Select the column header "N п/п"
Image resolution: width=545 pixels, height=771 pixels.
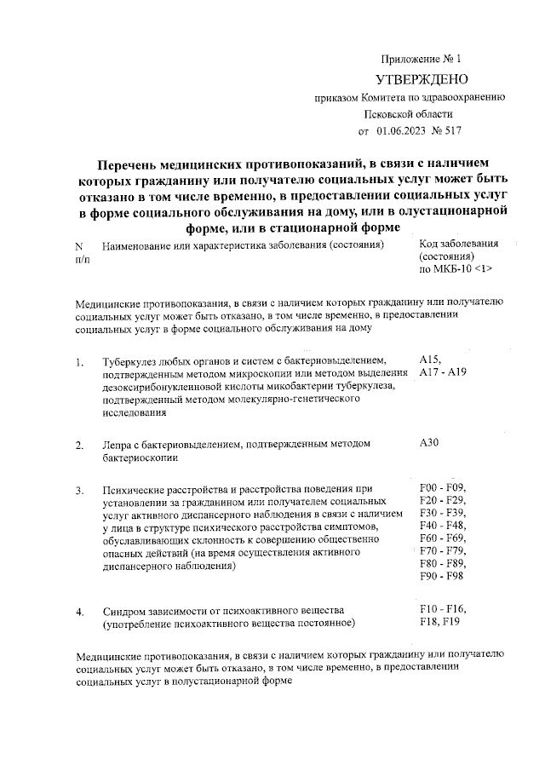pos(82,251)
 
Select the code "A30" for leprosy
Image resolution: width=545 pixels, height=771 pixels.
pos(431,443)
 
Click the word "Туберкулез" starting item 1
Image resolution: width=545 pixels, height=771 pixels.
pos(129,361)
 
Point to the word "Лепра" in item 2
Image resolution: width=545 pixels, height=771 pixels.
pos(116,445)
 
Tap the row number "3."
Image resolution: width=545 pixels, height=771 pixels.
pos(80,491)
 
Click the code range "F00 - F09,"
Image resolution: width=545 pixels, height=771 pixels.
pos(444,487)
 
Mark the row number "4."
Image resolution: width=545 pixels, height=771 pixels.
pos(80,612)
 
